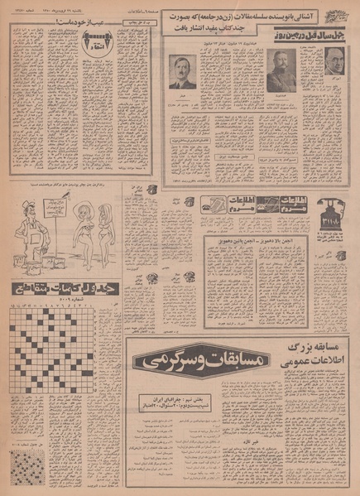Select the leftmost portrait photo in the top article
181,71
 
